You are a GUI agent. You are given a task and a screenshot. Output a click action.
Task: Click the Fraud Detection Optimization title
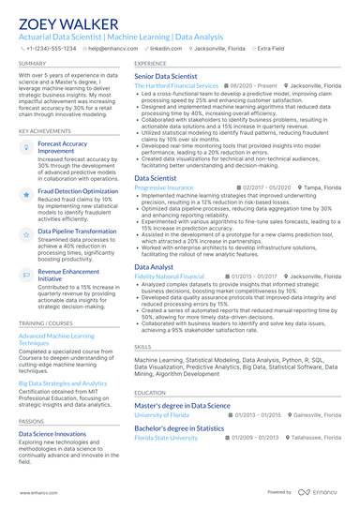pos(78,190)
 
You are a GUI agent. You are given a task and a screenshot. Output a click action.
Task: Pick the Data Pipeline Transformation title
pos(77,231)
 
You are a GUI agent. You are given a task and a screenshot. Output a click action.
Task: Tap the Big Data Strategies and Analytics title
pos(63,383)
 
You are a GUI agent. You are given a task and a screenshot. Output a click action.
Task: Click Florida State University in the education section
pos(166,437)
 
